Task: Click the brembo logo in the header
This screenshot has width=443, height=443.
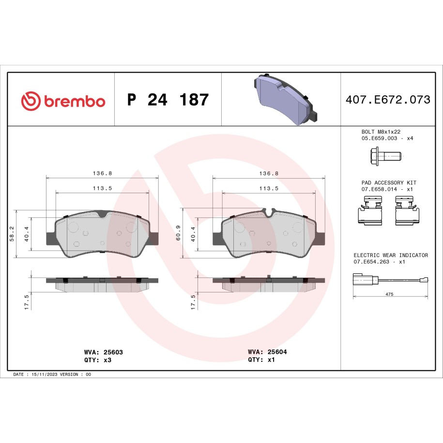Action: (63, 101)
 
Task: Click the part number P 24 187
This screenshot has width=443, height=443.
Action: (168, 99)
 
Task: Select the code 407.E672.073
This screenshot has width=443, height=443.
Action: (388, 99)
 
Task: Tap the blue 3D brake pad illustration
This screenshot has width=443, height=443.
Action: (286, 99)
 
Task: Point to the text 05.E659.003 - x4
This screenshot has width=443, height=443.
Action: (387, 138)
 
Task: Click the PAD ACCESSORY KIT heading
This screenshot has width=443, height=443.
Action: (389, 183)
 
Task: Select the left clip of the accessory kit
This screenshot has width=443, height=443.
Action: (370, 211)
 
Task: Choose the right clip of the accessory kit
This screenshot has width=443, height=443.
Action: (407, 211)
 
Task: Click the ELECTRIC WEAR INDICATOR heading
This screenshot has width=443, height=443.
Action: (391, 255)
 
